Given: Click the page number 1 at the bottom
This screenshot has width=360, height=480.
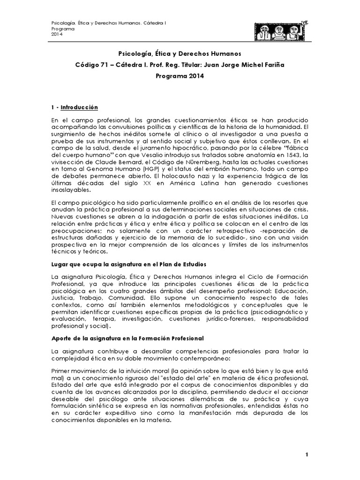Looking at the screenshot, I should tap(306, 455).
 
